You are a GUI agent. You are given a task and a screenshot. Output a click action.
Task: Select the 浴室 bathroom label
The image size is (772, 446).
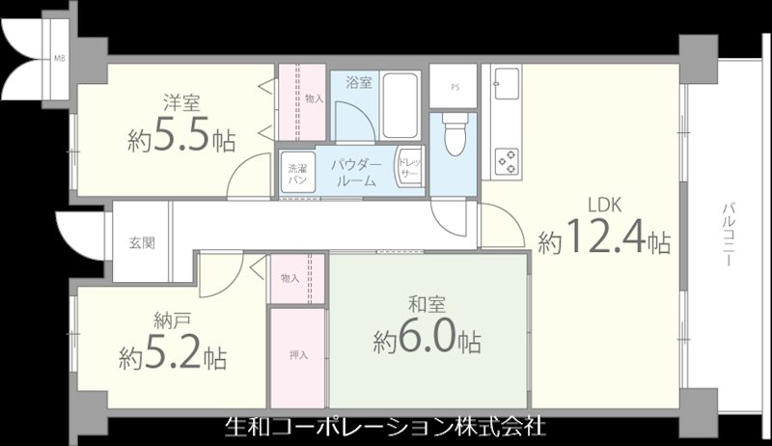click(359, 83)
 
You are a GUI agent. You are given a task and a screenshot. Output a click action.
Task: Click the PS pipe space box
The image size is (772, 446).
click(454, 84)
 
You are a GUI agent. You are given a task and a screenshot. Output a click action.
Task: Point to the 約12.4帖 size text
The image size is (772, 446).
click(605, 238)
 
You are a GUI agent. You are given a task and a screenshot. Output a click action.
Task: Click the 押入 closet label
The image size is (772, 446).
click(298, 355)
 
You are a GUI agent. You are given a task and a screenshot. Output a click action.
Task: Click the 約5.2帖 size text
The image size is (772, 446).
click(173, 358)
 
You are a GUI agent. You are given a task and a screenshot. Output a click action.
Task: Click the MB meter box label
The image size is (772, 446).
click(60, 57)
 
